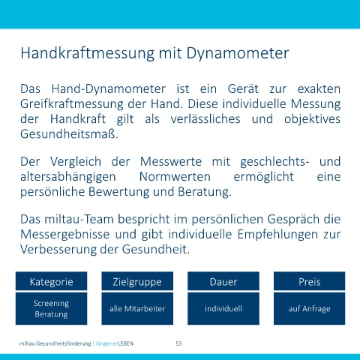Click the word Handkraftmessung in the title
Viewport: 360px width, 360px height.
click(x=88, y=53)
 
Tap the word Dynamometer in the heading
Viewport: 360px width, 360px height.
click(x=238, y=53)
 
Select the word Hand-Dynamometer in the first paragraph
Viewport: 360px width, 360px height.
click(x=109, y=89)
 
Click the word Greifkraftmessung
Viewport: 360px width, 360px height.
click(x=72, y=104)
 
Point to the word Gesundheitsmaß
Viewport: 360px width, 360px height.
click(x=69, y=134)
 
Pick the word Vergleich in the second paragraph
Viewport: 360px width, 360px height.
click(x=76, y=162)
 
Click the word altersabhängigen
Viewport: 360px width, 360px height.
click(x=68, y=177)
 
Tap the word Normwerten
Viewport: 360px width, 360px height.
click(x=175, y=177)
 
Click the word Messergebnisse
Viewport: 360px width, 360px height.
click(x=65, y=235)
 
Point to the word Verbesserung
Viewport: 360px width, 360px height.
click(x=58, y=250)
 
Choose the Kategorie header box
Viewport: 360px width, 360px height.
click(x=51, y=281)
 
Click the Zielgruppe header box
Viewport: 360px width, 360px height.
click(x=137, y=281)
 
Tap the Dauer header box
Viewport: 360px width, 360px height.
click(x=223, y=281)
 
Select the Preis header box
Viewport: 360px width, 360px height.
click(x=309, y=281)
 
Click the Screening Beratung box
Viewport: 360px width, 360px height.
click(x=51, y=309)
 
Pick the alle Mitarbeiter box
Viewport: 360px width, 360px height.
click(x=137, y=309)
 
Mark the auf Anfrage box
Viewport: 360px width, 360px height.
click(x=309, y=309)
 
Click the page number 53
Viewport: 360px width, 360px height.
click(x=178, y=343)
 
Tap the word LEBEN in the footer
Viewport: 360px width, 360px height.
click(x=125, y=343)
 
